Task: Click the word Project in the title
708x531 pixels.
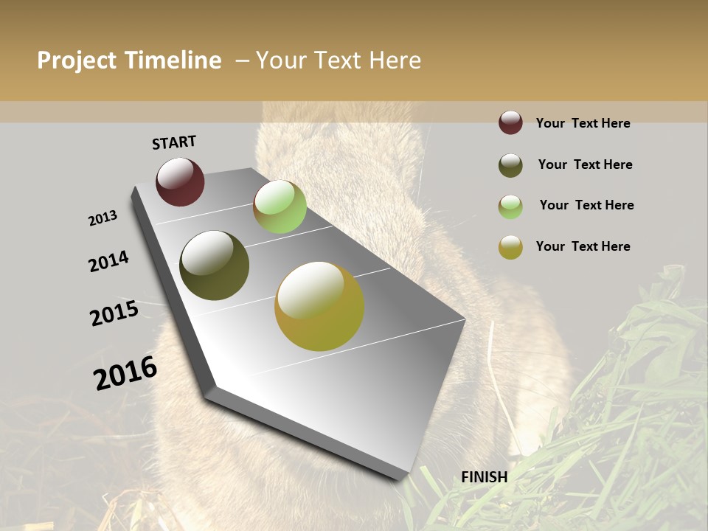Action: coord(77,60)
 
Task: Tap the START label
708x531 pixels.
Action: coord(174,142)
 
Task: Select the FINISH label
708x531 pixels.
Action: coord(485,477)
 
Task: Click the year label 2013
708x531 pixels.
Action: coord(103,218)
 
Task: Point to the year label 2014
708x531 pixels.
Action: coord(109,261)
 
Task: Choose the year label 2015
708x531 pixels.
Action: coord(114,313)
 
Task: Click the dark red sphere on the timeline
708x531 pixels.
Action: coord(180,182)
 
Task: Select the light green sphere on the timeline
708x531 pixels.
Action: coord(280,206)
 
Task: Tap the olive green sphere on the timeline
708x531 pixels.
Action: coord(214,265)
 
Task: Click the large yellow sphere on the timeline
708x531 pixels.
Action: coord(319,306)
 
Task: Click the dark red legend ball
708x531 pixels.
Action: coord(510,123)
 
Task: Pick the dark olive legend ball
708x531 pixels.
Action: coord(510,165)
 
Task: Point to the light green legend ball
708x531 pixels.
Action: coord(510,206)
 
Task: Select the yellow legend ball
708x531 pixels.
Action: coord(510,247)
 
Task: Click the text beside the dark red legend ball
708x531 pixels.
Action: coord(583,123)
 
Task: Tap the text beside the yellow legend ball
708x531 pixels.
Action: coord(583,246)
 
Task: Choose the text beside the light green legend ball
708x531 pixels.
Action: coord(586,205)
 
